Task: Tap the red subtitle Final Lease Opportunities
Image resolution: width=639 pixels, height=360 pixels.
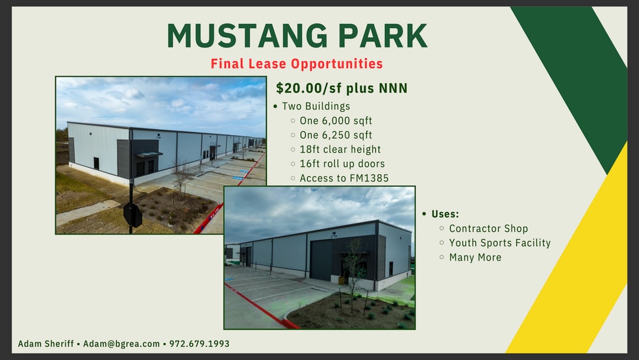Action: [297, 64]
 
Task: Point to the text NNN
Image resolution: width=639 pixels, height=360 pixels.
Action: [394, 88]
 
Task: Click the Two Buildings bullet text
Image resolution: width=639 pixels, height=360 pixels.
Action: [316, 106]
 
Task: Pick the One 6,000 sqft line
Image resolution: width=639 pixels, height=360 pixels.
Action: [336, 121]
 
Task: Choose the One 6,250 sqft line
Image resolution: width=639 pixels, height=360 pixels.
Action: [336, 135]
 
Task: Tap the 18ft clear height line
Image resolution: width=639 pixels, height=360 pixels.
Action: [340, 149]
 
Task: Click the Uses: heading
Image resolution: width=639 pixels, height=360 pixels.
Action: [445, 214]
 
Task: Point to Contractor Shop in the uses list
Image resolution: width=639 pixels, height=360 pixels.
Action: [488, 229]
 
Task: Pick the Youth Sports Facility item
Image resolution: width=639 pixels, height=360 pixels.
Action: [499, 243]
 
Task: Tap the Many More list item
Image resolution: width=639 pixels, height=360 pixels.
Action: [475, 257]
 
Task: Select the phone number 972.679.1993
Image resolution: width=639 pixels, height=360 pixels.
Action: [199, 344]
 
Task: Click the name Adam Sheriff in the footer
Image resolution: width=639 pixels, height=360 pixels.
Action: [45, 344]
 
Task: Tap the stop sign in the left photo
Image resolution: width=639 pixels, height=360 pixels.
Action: [132, 215]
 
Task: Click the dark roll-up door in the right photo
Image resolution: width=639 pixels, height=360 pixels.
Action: [321, 260]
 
